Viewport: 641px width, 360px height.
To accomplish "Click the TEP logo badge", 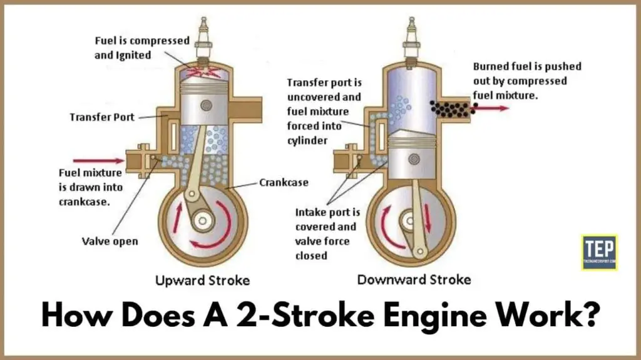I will coord(599,252).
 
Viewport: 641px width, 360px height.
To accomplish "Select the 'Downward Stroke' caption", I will coord(414,279).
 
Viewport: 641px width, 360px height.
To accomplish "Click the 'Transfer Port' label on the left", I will coord(101,117).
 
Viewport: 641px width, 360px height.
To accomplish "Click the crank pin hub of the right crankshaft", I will coord(411,222).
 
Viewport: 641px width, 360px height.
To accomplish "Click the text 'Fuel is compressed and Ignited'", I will coord(142,47).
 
